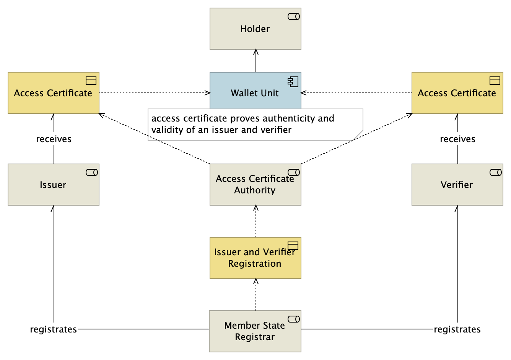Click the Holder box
[255, 29]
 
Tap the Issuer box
[54, 185]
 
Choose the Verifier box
[457, 185]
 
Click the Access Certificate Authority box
[255, 185]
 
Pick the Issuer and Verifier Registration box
[255, 258]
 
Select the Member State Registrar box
[255, 331]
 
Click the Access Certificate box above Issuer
[54, 93]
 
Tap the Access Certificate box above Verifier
[457, 93]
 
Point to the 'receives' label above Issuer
[54, 139]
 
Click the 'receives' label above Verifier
[457, 139]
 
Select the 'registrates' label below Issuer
[54, 329]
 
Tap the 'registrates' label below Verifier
[457, 329]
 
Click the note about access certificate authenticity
[255, 125]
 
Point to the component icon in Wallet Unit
[293, 81]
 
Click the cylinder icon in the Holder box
[294, 16]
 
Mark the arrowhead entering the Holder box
[256, 52]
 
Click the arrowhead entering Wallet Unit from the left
[207, 93]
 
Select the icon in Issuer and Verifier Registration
[293, 245]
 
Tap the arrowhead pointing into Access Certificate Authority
[256, 208]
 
